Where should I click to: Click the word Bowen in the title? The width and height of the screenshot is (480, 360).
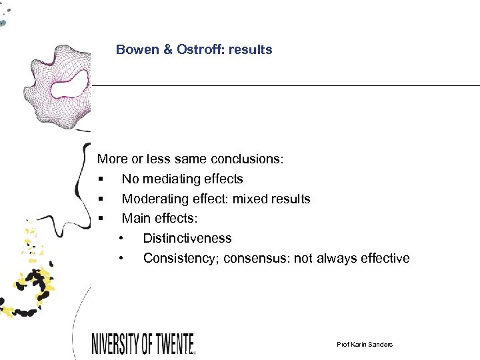click(135, 49)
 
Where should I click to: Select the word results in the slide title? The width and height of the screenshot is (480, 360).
click(249, 49)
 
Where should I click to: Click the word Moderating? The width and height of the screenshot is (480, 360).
click(152, 199)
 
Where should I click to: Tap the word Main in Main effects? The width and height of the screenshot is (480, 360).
click(136, 218)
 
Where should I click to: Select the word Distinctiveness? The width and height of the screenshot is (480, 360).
click(187, 238)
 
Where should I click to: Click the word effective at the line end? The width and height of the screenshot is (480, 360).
click(385, 258)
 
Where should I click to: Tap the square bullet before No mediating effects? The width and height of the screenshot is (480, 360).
click(100, 179)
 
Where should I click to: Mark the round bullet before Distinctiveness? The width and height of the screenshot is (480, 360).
click(121, 239)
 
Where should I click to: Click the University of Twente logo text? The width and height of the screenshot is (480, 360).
click(143, 343)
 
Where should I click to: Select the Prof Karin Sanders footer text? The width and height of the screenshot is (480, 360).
click(365, 344)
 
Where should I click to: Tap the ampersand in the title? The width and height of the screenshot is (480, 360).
click(167, 49)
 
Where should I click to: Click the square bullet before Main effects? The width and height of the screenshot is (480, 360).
click(100, 219)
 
